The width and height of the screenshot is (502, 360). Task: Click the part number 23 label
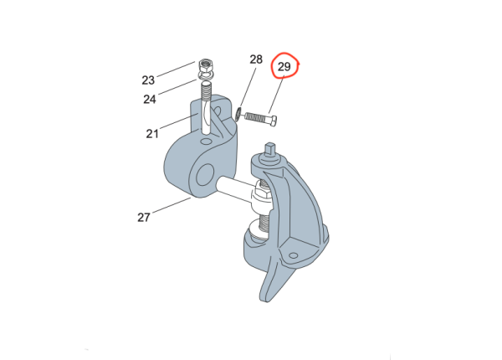point(148,80)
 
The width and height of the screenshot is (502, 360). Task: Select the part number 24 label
point(150,100)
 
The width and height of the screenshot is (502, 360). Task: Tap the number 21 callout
point(152,134)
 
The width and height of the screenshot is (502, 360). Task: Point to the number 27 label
point(144,218)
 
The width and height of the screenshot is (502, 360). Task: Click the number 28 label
point(256,59)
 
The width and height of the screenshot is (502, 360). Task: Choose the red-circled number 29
point(284,67)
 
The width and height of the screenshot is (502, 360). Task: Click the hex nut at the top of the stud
point(206,66)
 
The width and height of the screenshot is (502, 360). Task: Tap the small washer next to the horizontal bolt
point(238,115)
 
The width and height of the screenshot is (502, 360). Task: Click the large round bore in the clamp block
point(205,175)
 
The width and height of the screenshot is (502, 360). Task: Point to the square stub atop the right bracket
point(270,150)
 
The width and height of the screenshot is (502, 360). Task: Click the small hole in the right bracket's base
point(294,255)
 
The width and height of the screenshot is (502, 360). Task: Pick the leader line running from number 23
point(176,69)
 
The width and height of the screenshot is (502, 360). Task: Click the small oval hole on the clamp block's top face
point(206,141)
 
